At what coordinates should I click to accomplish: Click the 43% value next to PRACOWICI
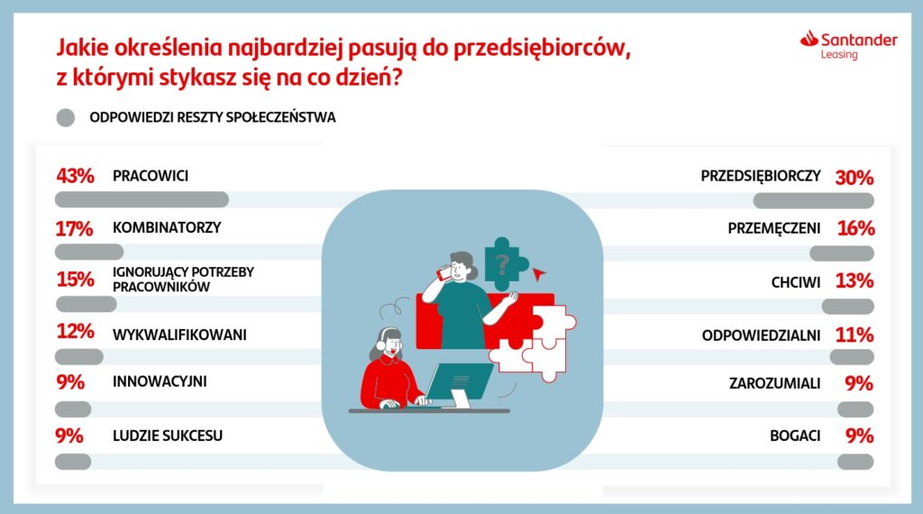pos(76,176)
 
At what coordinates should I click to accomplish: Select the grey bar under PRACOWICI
pos(142,199)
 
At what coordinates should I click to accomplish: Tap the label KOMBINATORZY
pos(167,227)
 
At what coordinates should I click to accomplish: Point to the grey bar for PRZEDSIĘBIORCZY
pos(814,201)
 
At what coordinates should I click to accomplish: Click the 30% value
pos(854,178)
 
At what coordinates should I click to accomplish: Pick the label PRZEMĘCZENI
pos(774,228)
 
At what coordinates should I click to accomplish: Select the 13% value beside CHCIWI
pos(854,280)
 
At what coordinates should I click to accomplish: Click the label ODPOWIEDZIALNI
pos(761,335)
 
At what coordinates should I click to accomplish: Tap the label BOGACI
pos(795,436)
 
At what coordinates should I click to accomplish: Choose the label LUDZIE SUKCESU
pos(168,436)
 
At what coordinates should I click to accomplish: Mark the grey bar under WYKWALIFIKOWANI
pos(79,356)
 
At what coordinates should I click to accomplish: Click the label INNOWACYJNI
pos(160,381)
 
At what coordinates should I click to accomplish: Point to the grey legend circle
pos(65,117)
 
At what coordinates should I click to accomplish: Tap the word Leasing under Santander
pos(839,55)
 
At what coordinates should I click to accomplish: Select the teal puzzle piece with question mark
pos(505,264)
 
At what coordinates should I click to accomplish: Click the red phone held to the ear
pos(443,272)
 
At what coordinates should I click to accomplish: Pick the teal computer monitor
pos(459,381)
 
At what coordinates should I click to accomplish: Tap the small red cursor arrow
pos(539,274)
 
